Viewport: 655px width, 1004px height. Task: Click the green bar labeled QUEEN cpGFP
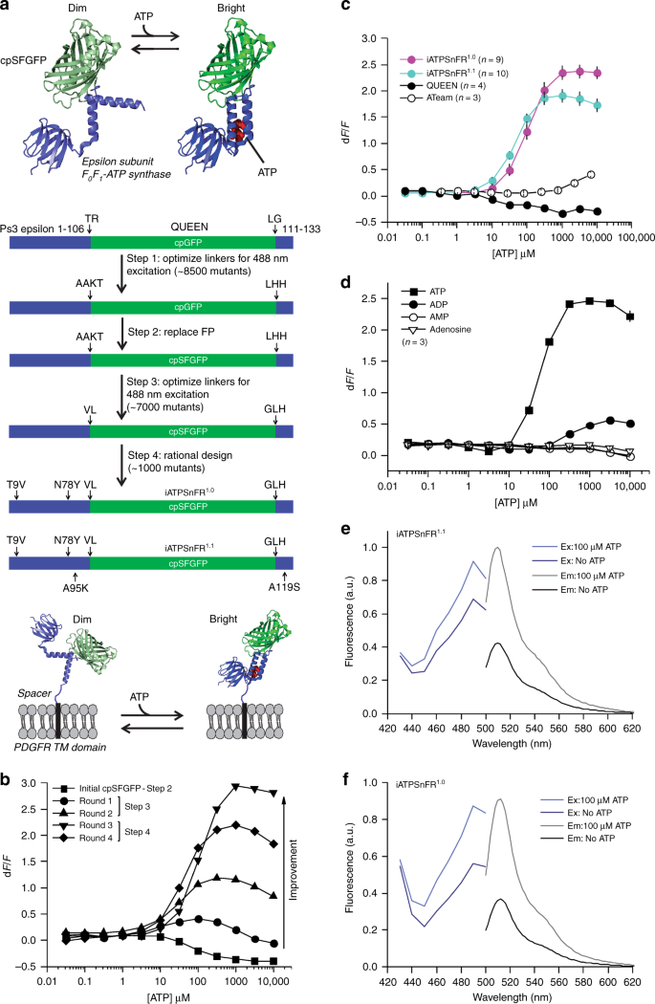coord(183,244)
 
